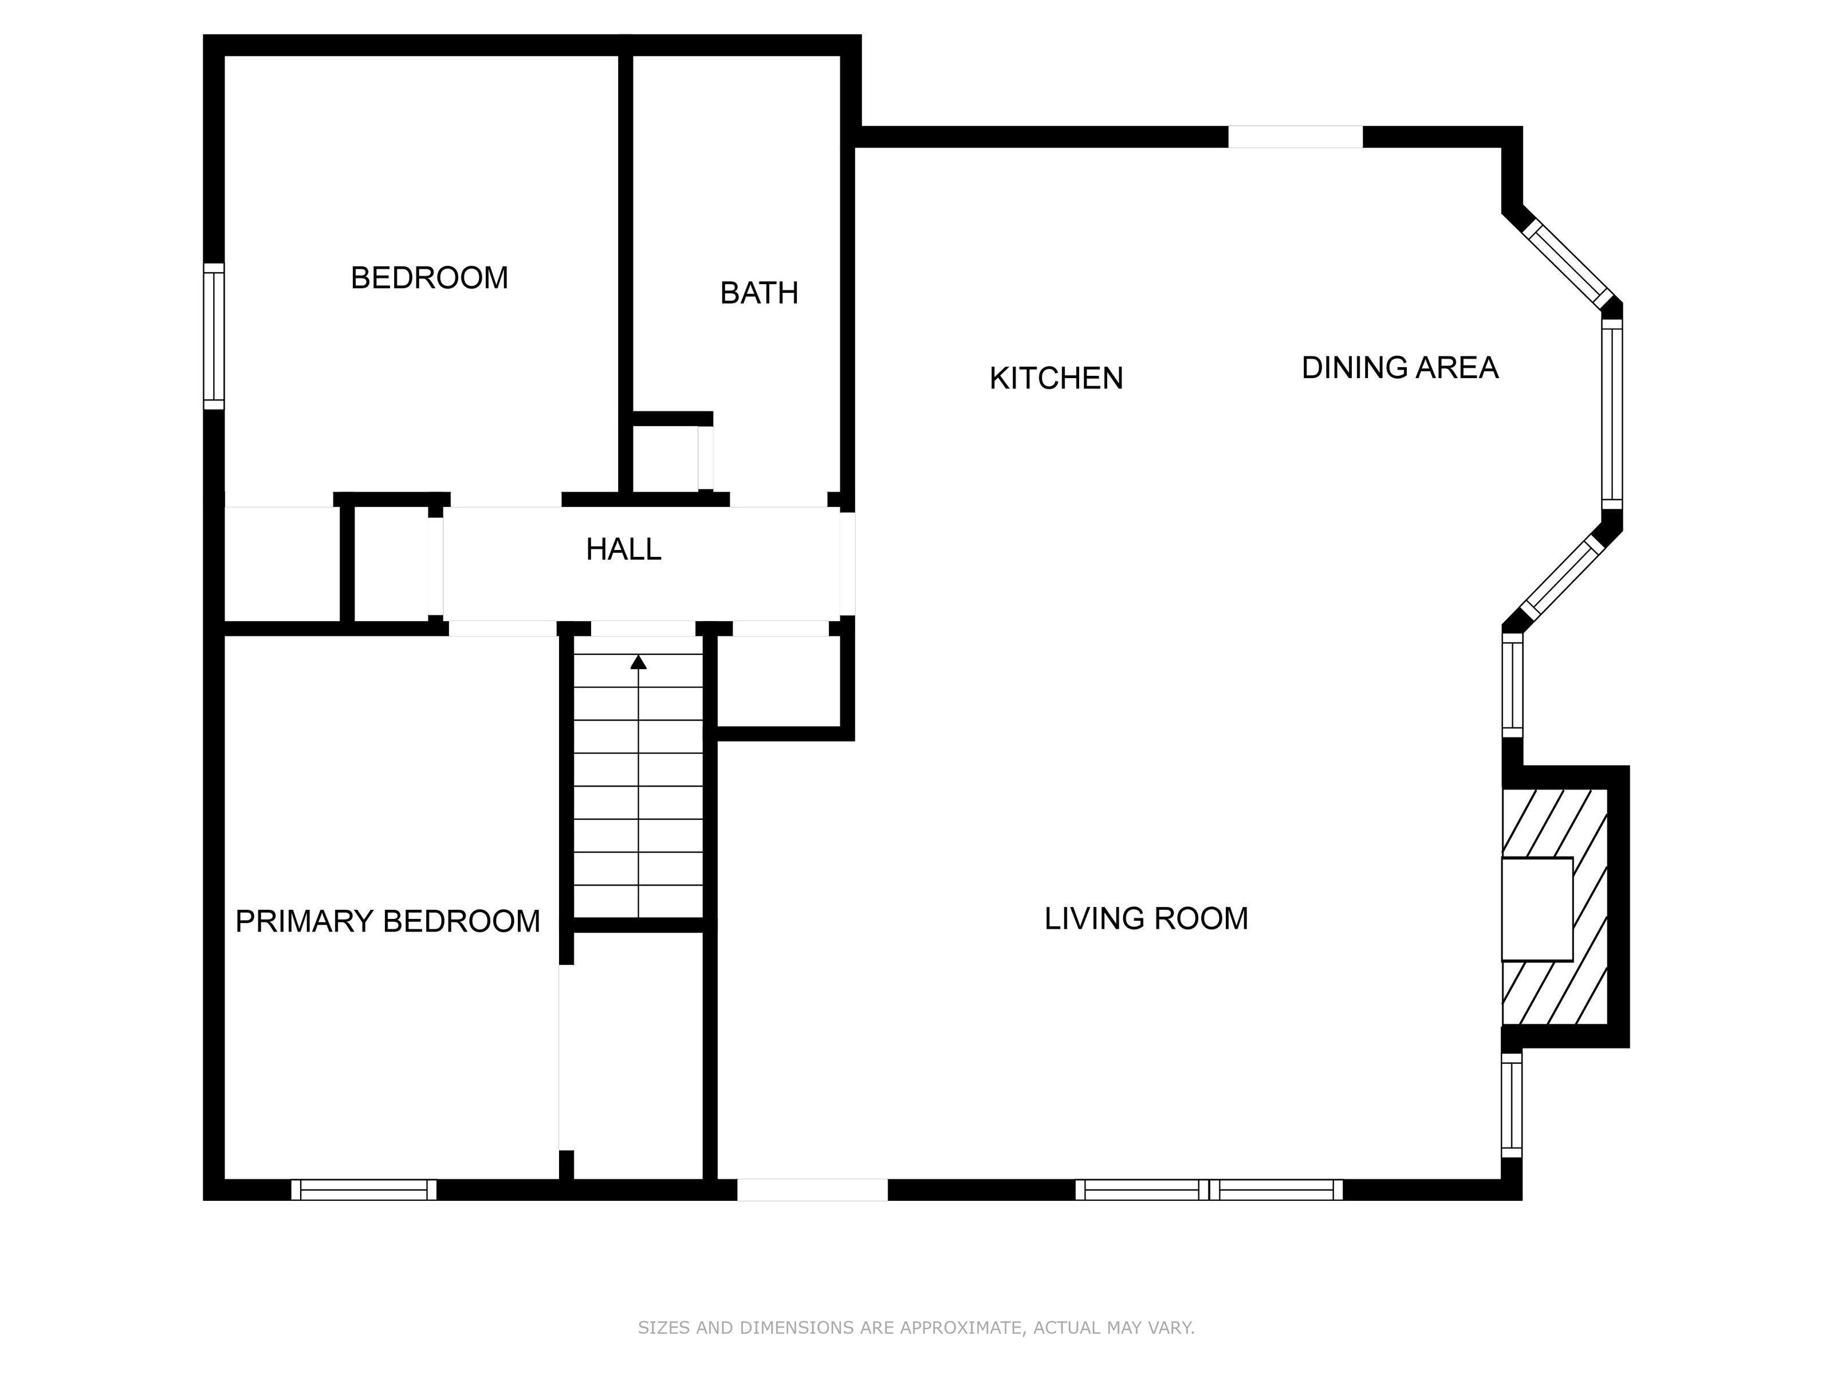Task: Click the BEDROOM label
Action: point(429,278)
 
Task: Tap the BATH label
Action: point(759,293)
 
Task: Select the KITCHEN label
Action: point(1056,378)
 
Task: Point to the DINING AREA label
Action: point(1399,367)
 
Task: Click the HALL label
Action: point(623,549)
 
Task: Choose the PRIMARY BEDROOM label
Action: point(387,921)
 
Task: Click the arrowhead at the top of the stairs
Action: point(638,661)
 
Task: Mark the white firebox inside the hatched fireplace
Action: point(1537,909)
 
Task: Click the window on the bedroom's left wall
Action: point(214,336)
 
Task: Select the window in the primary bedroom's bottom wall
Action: point(364,1189)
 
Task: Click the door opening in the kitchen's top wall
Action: point(1295,137)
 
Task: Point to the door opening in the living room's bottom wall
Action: point(812,1189)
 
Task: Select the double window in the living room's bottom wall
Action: point(1209,1189)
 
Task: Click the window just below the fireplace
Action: point(1512,1104)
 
